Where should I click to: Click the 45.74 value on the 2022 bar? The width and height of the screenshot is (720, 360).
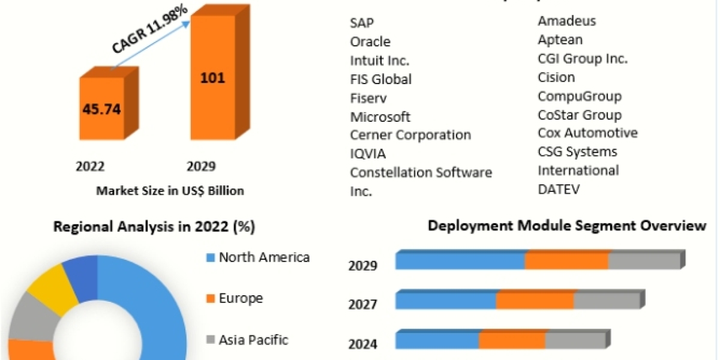tap(101, 109)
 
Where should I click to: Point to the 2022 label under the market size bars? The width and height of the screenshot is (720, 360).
tap(90, 166)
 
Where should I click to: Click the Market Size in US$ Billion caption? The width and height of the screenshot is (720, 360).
tap(170, 191)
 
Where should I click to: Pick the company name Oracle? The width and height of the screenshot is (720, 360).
tap(370, 41)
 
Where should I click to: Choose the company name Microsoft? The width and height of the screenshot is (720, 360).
tap(380, 116)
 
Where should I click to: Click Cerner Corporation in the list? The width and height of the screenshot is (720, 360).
tap(410, 135)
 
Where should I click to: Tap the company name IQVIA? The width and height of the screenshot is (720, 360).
tap(368, 154)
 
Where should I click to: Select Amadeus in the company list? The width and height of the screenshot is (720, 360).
tap(567, 21)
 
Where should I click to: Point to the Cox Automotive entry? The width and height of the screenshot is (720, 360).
tap(587, 133)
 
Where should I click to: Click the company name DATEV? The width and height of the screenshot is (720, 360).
tap(559, 189)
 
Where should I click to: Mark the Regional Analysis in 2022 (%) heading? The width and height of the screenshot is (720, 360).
tap(154, 227)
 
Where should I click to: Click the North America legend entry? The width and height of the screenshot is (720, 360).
tap(264, 257)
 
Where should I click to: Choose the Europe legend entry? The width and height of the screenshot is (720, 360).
tap(241, 298)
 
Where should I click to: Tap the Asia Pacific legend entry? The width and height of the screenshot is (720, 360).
tap(253, 340)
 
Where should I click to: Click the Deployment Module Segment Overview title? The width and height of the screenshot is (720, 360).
tap(566, 226)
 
